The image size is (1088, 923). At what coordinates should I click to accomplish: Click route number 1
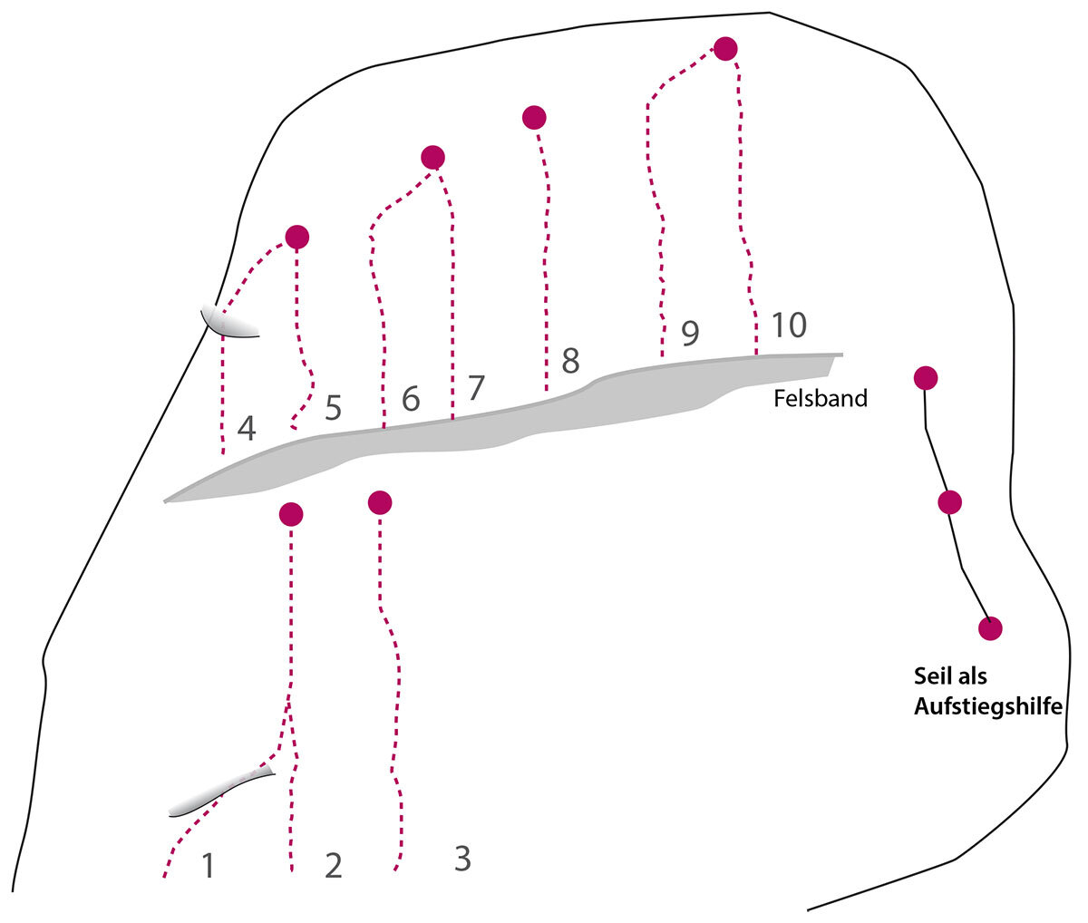tap(209, 866)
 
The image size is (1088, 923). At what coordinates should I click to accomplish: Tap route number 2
tap(334, 866)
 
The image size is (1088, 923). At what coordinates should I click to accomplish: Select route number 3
tap(462, 859)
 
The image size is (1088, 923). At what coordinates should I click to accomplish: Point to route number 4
tap(246, 428)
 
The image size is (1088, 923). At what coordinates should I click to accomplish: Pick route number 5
tap(333, 409)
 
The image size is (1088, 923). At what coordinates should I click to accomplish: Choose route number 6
tap(411, 399)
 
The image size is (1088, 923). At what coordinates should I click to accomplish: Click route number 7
tap(476, 388)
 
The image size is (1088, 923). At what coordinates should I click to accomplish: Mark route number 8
tap(570, 361)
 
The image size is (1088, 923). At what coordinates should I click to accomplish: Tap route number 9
tap(690, 334)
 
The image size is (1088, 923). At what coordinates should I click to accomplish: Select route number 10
tap(789, 325)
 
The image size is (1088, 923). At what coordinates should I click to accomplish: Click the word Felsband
tap(821, 398)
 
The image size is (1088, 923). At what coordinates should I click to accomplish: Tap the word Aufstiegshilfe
tap(987, 707)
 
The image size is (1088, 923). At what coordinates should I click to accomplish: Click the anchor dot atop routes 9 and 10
tap(725, 49)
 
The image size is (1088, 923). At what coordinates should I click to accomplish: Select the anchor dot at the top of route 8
tap(534, 117)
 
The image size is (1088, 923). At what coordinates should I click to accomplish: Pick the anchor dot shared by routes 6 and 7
tap(433, 158)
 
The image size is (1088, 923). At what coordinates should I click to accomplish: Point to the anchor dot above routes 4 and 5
tap(296, 238)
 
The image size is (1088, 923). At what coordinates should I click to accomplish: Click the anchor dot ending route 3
tap(380, 501)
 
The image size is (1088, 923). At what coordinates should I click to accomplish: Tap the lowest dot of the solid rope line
tap(990, 627)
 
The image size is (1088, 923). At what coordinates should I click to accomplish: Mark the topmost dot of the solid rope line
tap(925, 377)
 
